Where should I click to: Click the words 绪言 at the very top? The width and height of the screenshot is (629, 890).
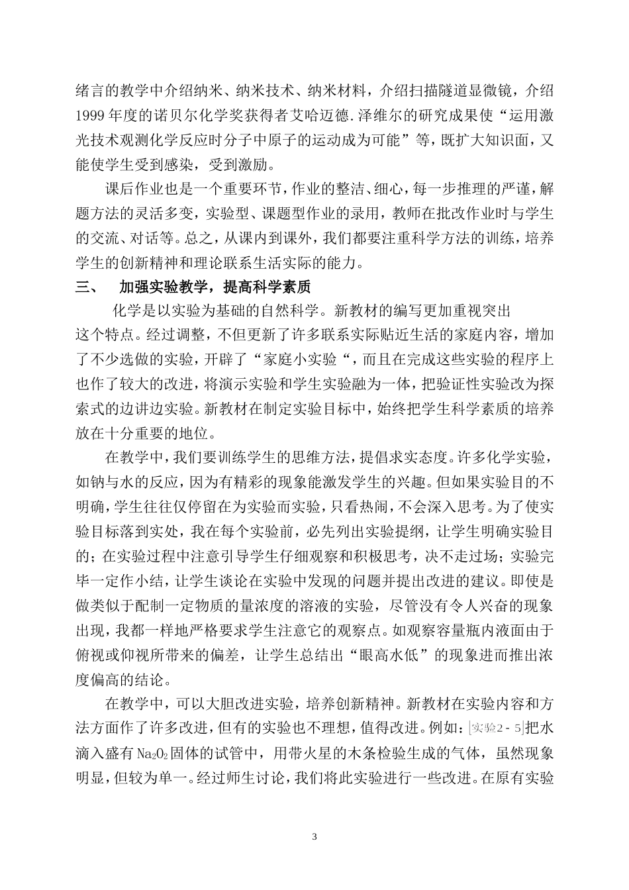89,91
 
